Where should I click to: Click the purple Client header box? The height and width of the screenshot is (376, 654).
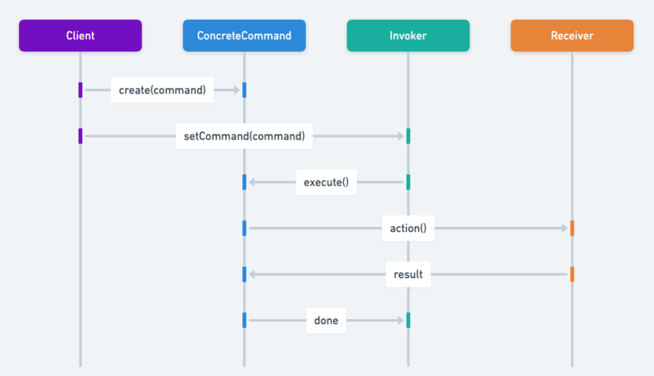click(x=80, y=36)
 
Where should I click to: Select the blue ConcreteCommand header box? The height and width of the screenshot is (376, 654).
click(x=244, y=36)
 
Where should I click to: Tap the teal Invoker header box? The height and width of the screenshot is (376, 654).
click(x=408, y=36)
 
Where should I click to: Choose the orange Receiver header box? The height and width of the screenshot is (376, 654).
click(x=572, y=36)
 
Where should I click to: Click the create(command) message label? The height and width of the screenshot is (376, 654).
click(x=162, y=90)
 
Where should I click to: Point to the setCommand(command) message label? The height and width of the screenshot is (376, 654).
click(x=244, y=136)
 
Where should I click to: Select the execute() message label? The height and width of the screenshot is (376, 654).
click(x=326, y=183)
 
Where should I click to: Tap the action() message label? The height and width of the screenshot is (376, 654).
click(x=408, y=228)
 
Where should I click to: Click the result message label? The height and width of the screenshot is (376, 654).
click(x=408, y=274)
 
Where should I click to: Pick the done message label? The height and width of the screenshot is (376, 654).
click(x=326, y=320)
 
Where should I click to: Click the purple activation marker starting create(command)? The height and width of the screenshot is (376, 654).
click(x=81, y=90)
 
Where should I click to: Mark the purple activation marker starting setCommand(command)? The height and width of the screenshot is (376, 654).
click(x=81, y=136)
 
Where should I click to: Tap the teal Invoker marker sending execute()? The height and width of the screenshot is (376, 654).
click(x=408, y=183)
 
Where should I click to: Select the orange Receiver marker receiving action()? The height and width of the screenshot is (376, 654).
click(x=572, y=228)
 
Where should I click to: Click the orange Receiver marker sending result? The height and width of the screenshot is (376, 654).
click(x=572, y=274)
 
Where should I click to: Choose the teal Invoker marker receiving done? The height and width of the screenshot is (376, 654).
click(x=408, y=320)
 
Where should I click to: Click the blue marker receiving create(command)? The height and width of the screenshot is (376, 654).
click(x=244, y=90)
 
